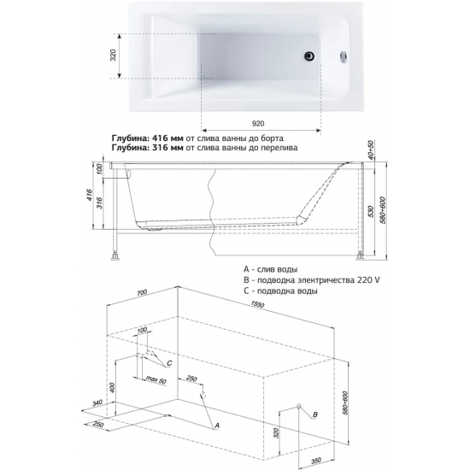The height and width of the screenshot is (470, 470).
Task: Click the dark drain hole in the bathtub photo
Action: pos(309,56)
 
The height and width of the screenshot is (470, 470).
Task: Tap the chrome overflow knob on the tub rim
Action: pos(344,56)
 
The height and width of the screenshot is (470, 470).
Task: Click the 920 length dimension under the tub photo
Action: pos(258,124)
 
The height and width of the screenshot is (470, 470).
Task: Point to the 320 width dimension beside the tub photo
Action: pos(113,56)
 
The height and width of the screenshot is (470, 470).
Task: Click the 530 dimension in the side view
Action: pos(371,211)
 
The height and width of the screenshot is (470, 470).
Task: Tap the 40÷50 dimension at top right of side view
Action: pos(371,150)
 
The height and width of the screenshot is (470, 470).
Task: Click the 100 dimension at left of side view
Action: pos(100,168)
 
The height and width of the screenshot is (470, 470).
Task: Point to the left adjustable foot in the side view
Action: pos(115,256)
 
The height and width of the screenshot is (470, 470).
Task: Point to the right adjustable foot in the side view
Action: pos(361,256)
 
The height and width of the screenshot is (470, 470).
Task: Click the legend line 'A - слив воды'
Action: pos(271,269)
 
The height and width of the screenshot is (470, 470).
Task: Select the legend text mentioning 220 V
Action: pos(312,280)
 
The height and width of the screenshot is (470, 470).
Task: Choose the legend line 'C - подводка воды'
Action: pos(280,291)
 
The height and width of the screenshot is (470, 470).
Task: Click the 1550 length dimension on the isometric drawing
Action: pos(257,304)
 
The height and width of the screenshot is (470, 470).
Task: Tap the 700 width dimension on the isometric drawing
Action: pos(142,292)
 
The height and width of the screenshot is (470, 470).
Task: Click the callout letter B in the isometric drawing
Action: pos(315,414)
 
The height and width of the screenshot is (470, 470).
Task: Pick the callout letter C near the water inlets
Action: pos(169,363)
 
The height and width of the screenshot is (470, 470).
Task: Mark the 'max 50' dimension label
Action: pos(156,379)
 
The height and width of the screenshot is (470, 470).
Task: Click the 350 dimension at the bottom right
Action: pos(316,461)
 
